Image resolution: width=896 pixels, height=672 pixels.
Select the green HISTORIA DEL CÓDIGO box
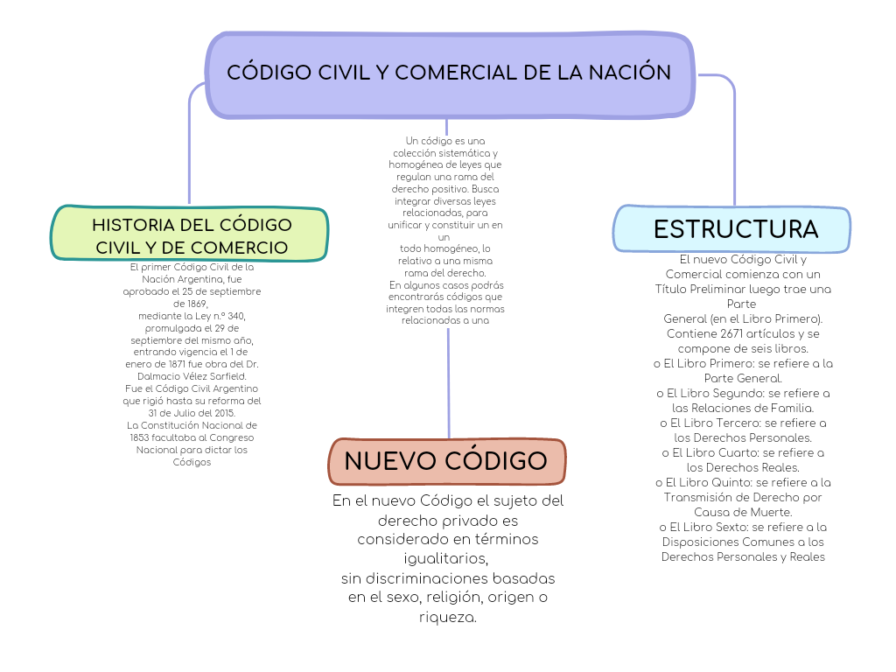(191, 234)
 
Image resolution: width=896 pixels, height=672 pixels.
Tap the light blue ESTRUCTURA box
(733, 229)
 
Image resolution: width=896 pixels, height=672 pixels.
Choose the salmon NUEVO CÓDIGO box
(446, 461)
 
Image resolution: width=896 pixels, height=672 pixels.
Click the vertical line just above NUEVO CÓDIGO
(448, 385)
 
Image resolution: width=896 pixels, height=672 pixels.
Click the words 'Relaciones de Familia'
(743, 408)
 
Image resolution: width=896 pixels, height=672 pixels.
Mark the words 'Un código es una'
(445, 141)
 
